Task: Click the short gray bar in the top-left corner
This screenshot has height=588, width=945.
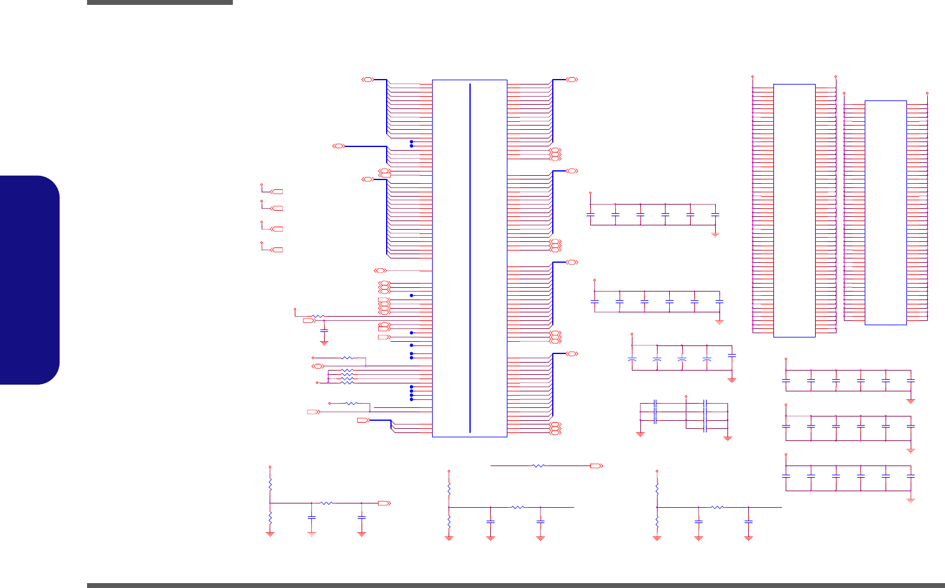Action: pyautogui.click(x=159, y=2)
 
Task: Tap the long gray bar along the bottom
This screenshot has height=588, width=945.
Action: pyautogui.click(x=515, y=585)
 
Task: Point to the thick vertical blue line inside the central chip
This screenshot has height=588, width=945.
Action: pyautogui.click(x=470, y=257)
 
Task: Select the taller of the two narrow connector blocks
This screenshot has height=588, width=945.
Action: pyautogui.click(x=794, y=210)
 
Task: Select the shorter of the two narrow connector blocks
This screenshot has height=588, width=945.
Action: pyautogui.click(x=886, y=213)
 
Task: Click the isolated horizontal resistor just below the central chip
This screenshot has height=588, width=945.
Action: pyautogui.click(x=539, y=466)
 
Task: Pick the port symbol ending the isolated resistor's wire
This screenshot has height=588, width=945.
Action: pyautogui.click(x=596, y=466)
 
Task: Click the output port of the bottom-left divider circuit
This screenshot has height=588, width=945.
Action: pyautogui.click(x=384, y=503)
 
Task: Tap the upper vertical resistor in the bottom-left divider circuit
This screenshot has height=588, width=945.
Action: pyautogui.click(x=270, y=484)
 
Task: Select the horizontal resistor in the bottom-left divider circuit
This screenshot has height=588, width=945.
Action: pyautogui.click(x=327, y=503)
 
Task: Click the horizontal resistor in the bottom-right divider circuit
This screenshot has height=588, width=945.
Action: pyautogui.click(x=717, y=507)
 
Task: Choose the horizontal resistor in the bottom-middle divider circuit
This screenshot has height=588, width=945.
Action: pyautogui.click(x=517, y=507)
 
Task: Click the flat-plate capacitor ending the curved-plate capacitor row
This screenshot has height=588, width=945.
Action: pyautogui.click(x=732, y=355)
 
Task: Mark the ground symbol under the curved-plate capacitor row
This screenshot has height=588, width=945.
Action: pyautogui.click(x=732, y=380)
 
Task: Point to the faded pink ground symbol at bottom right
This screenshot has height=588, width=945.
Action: pyautogui.click(x=911, y=500)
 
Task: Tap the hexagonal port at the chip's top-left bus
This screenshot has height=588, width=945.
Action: pyautogui.click(x=368, y=80)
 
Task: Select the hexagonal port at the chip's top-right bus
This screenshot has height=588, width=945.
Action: pyautogui.click(x=572, y=80)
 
